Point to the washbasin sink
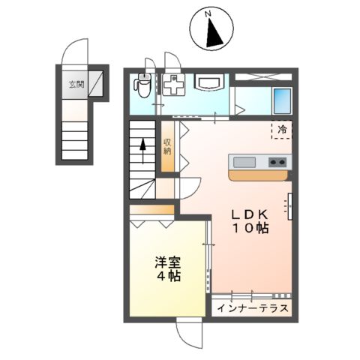pyautogui.click(x=208, y=82)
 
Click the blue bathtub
pyautogui.click(x=282, y=99)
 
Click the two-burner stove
pyautogui.click(x=276, y=161)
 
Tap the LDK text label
pyautogui.click(x=250, y=212)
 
